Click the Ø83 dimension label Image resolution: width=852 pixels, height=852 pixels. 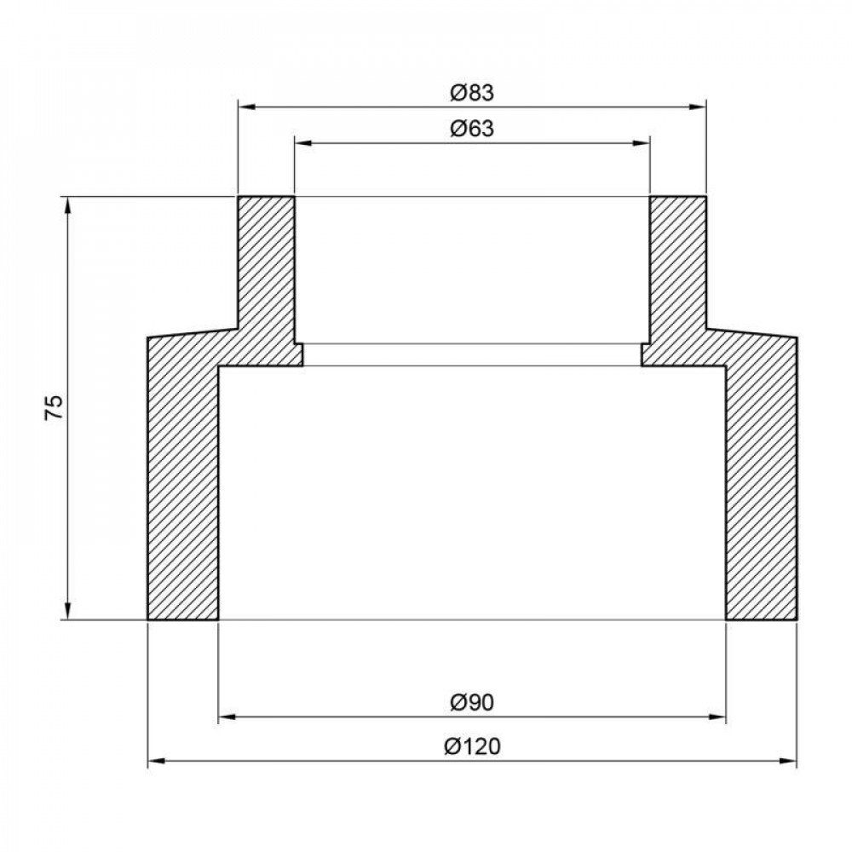[472, 94]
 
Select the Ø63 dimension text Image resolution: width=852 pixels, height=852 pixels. [472, 129]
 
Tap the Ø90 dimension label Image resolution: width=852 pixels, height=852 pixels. [472, 703]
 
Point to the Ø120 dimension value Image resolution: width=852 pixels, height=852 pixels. [472, 746]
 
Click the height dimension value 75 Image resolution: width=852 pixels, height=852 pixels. [55, 407]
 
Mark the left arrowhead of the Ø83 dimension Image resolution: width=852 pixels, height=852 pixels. [247, 107]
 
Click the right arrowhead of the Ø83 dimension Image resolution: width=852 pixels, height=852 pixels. [698, 107]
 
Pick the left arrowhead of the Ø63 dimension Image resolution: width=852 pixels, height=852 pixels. [303, 143]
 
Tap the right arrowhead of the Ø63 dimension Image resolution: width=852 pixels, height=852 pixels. [642, 143]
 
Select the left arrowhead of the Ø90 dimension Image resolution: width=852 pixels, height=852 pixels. [227, 717]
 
